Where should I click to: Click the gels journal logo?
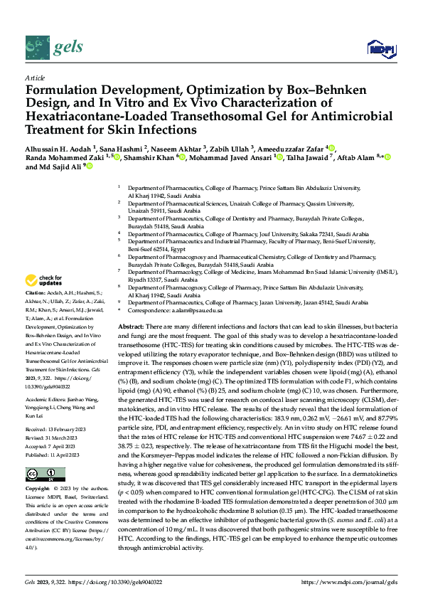pyautogui.click(x=53, y=47)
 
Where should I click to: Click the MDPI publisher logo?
pyautogui.click(x=377, y=48)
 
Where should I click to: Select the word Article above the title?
pyautogui.click(x=35, y=78)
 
